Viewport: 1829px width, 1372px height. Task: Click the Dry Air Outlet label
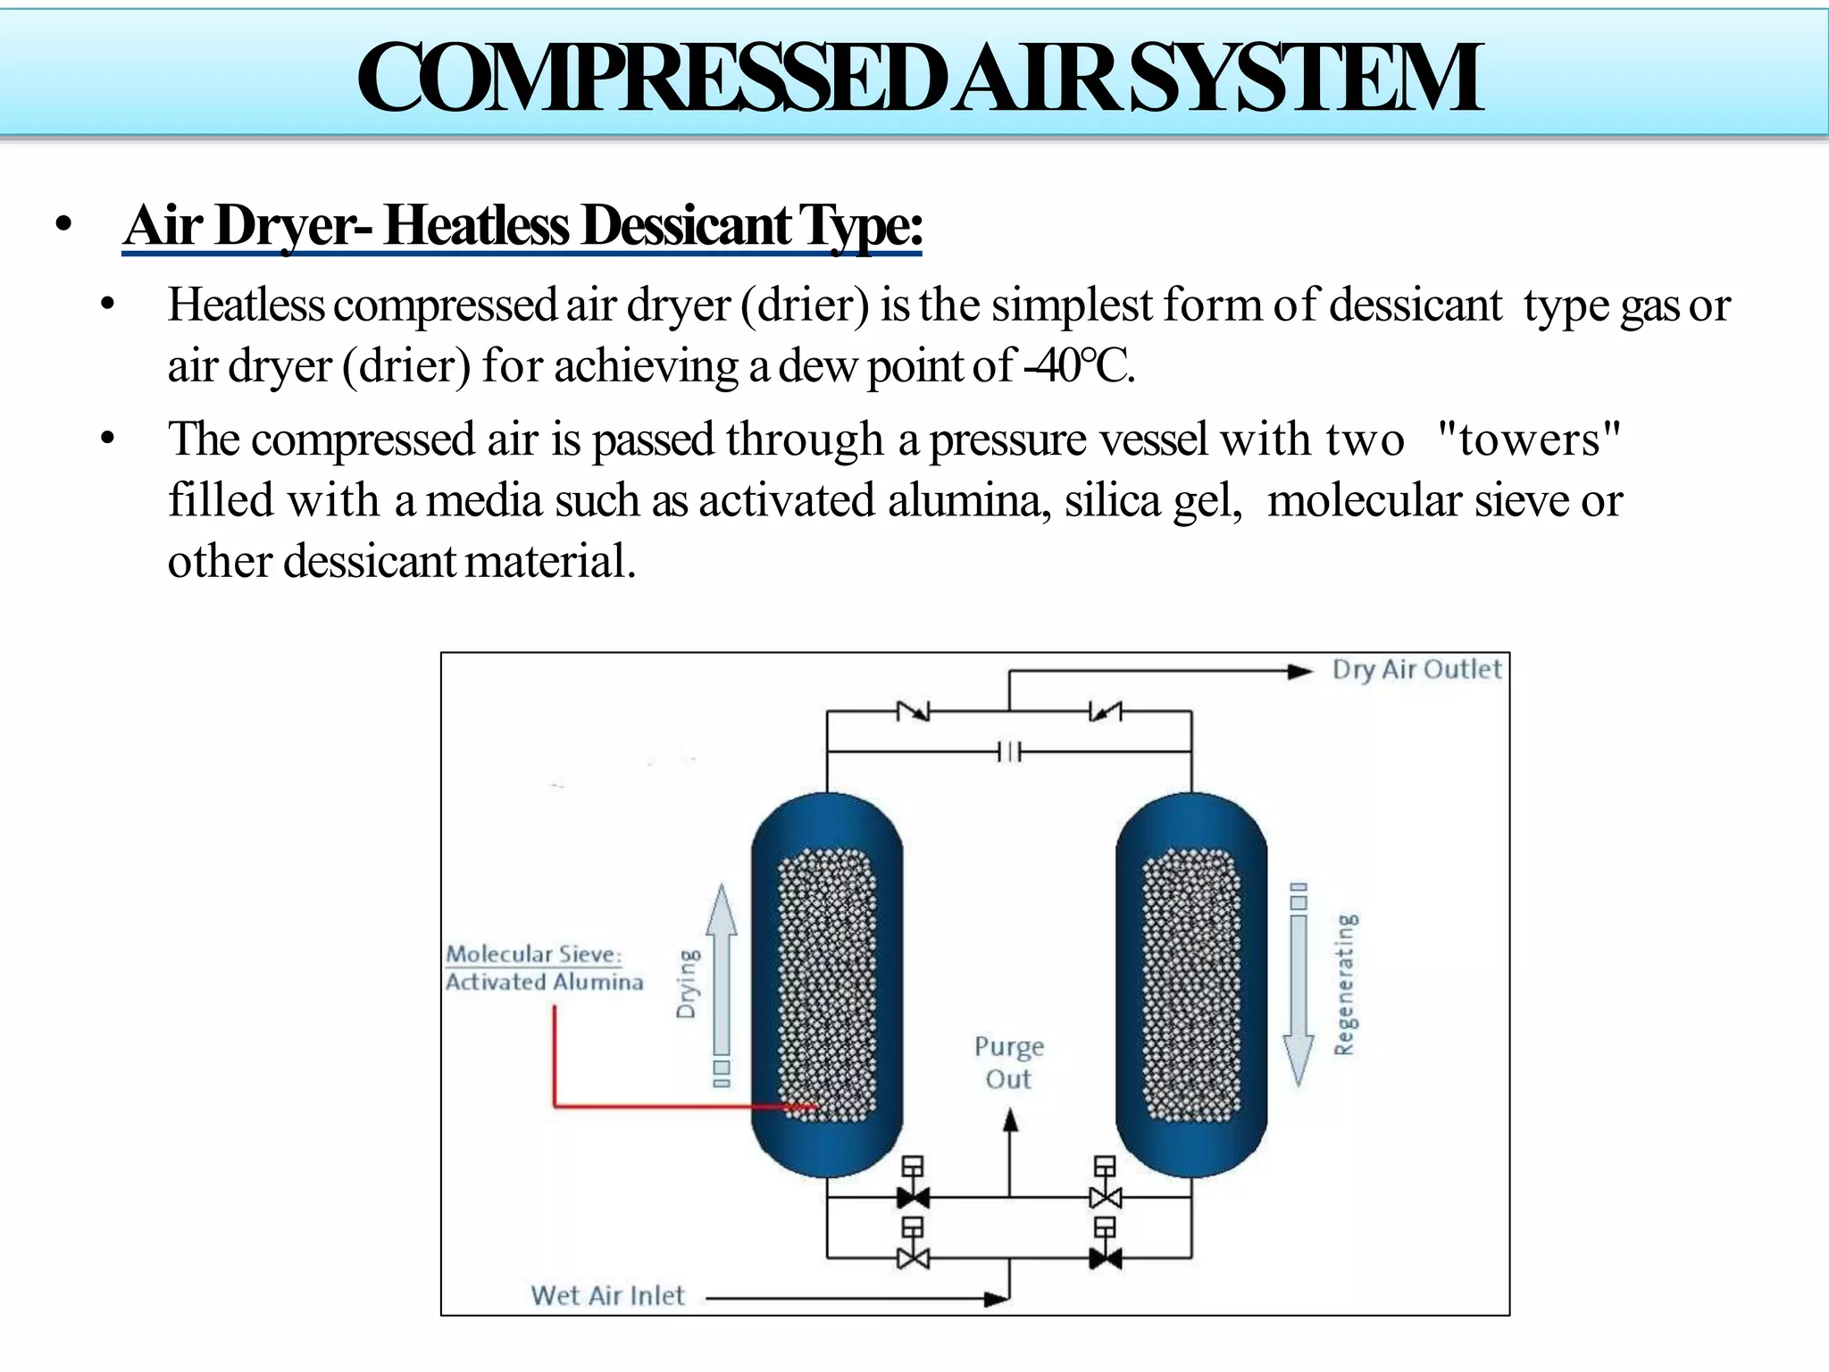click(1416, 670)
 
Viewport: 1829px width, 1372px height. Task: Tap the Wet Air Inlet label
click(607, 1295)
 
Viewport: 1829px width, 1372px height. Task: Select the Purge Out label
click(1009, 1062)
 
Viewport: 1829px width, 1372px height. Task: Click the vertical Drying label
click(687, 983)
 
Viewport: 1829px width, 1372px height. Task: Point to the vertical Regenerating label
click(1346, 983)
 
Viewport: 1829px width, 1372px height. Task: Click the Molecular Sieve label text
click(533, 954)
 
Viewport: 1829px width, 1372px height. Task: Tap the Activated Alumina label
click(545, 983)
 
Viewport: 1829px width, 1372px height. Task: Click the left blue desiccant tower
click(827, 983)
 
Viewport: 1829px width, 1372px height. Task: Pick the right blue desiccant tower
click(1191, 983)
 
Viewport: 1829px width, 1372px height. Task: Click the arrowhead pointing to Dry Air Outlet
click(1299, 672)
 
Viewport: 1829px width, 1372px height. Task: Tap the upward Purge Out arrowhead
click(1010, 1121)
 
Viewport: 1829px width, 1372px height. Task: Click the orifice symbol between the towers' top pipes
click(1009, 752)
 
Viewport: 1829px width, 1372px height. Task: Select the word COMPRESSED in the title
click(650, 79)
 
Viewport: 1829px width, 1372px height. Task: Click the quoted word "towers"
click(1529, 439)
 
